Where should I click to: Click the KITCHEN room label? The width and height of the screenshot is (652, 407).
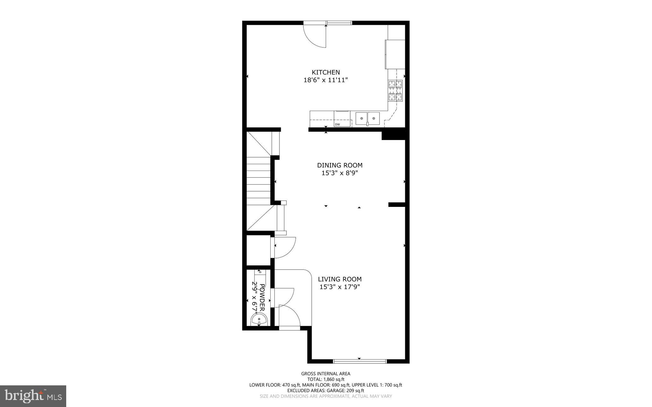click(326, 72)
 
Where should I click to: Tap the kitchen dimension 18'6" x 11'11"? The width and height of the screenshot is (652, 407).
click(326, 80)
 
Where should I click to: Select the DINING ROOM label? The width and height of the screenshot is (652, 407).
click(340, 165)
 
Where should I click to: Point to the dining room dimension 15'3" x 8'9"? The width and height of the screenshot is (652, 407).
click(340, 173)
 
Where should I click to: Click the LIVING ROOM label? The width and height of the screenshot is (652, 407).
click(340, 279)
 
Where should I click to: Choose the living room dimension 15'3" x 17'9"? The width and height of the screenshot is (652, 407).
click(340, 287)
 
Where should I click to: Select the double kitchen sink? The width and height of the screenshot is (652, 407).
click(367, 119)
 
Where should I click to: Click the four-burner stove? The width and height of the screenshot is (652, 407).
click(395, 91)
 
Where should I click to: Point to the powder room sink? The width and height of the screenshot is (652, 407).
click(259, 319)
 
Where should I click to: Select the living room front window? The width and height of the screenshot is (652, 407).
click(360, 361)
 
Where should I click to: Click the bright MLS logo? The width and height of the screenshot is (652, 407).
click(33, 396)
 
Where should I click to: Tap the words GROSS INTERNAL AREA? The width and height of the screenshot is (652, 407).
click(326, 374)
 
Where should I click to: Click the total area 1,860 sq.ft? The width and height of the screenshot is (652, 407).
click(334, 379)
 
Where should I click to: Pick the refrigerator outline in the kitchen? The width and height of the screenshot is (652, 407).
click(395, 54)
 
